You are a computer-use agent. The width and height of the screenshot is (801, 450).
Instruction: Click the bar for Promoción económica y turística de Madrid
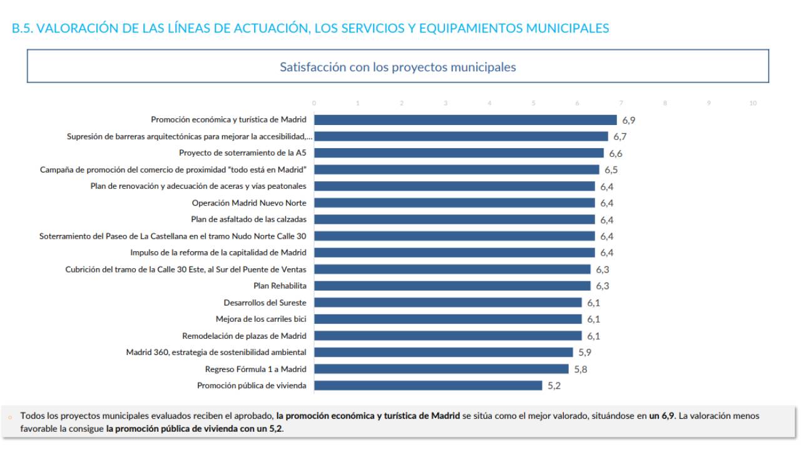click(x=465, y=120)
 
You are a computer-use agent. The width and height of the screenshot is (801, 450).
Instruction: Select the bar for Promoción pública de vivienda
click(x=428, y=386)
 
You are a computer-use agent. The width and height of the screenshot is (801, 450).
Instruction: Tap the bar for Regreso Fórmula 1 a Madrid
click(x=441, y=369)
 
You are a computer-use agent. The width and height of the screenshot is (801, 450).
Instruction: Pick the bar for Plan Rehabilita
click(x=452, y=286)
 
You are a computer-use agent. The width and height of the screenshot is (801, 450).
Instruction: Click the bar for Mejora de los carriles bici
click(x=447, y=319)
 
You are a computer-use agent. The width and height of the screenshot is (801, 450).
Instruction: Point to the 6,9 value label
click(x=628, y=121)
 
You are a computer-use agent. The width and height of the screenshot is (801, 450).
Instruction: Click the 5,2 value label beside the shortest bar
click(x=554, y=386)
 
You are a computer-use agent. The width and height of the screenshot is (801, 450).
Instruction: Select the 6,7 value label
click(x=620, y=137)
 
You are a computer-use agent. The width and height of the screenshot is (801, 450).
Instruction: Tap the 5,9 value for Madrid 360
click(x=584, y=352)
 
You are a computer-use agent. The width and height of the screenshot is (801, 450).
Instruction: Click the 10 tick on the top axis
click(x=753, y=103)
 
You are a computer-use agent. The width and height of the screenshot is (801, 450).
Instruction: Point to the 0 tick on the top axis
click(x=314, y=103)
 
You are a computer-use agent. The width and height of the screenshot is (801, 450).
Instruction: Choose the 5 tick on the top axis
click(x=534, y=103)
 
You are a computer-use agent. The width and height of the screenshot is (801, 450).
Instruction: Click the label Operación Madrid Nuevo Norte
click(x=249, y=202)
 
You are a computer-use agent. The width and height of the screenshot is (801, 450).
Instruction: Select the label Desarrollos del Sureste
click(x=265, y=302)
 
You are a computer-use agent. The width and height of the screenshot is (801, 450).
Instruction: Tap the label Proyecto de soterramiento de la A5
click(x=242, y=153)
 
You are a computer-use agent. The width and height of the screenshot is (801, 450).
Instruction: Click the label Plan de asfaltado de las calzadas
click(x=248, y=219)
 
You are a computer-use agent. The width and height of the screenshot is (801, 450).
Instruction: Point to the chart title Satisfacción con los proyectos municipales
click(x=397, y=67)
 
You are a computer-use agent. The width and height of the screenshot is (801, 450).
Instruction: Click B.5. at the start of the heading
click(x=23, y=28)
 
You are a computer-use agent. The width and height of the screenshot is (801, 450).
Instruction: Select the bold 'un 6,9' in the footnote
click(x=662, y=416)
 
